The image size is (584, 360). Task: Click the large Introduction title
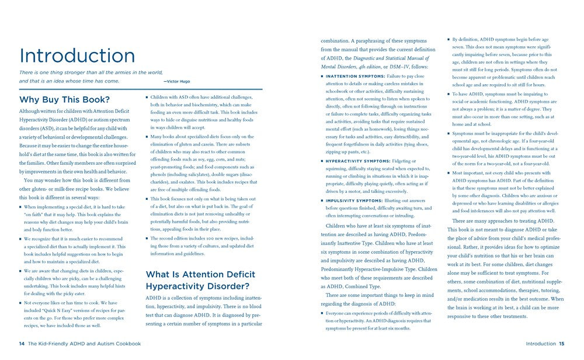(77, 56)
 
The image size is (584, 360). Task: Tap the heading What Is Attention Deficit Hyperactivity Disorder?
(197, 280)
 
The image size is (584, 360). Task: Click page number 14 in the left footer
(21, 344)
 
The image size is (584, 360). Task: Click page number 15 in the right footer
(561, 344)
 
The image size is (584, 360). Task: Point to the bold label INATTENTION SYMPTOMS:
(349, 76)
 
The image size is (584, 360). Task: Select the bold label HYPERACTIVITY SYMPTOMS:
(352, 161)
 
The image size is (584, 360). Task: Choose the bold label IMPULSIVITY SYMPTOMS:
(349, 200)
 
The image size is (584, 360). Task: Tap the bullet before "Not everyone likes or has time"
(20, 303)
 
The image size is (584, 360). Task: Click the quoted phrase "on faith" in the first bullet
(36, 214)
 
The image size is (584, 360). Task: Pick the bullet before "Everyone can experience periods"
(321, 313)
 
